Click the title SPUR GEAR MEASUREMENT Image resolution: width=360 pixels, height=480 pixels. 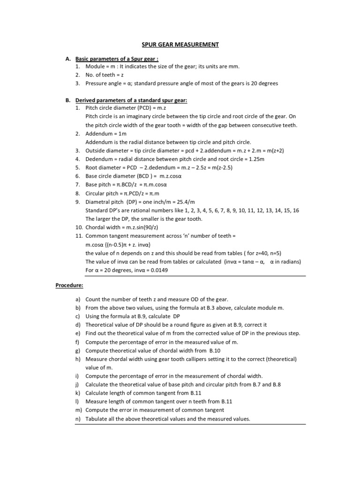[x=180, y=45]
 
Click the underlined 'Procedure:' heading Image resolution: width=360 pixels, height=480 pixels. [x=70, y=285]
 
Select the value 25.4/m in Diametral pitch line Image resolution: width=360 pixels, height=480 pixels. [x=184, y=201]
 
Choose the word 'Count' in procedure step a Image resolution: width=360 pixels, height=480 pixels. [x=94, y=299]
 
